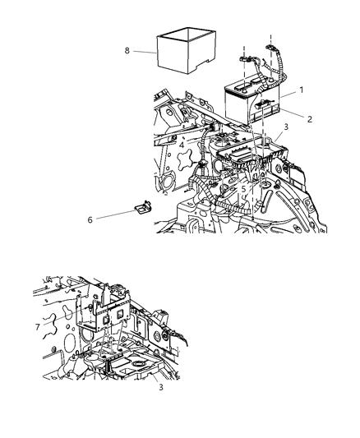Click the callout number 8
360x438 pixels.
[x=127, y=51]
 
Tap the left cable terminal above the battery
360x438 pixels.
[x=244, y=59]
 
